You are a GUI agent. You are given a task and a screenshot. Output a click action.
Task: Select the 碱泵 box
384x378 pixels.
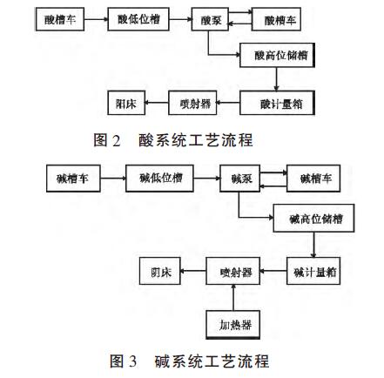(x=242, y=179)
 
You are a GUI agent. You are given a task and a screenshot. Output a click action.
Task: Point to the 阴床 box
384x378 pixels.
(x=161, y=272)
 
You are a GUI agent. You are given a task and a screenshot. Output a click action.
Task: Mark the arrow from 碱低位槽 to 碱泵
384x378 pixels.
(x=207, y=179)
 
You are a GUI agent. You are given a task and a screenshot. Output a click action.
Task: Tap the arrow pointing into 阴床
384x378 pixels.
(x=193, y=272)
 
